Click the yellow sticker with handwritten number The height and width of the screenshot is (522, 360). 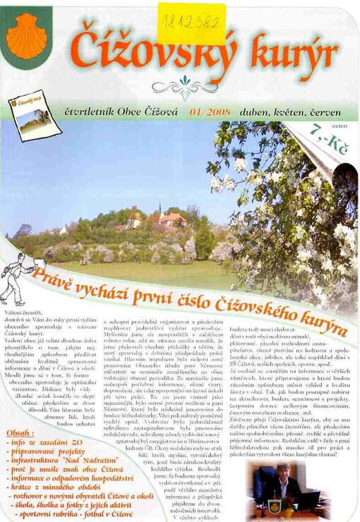coord(191,23)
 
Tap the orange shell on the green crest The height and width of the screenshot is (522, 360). coord(26,37)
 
